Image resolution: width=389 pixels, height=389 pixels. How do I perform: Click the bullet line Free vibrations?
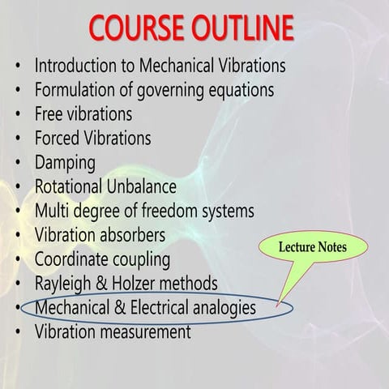point(83,113)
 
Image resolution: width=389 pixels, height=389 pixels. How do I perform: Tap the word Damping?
point(65,162)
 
